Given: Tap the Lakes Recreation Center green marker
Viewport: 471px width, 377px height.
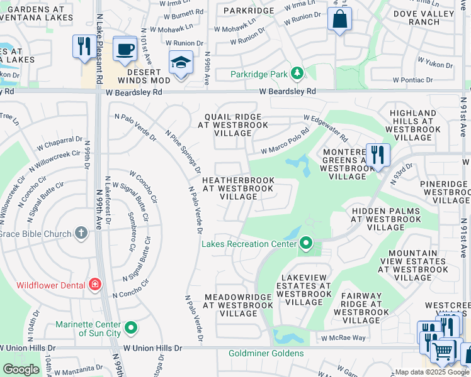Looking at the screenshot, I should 306,243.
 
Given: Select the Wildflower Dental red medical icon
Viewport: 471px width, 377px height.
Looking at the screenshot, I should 95,285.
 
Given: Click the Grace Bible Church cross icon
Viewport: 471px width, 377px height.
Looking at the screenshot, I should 81,234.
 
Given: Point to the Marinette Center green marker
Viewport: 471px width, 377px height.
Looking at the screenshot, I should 131,327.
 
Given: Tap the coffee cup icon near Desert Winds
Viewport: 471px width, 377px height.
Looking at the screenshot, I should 125,49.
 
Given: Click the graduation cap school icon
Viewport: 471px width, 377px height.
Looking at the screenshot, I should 181,63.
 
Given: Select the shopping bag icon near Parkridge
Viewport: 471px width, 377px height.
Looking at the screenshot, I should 339,19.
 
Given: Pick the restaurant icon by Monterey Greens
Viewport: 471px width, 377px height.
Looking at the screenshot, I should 377,155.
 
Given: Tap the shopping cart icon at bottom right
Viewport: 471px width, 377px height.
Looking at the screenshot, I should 444,352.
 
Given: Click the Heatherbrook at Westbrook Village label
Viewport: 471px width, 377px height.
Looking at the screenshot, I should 238,188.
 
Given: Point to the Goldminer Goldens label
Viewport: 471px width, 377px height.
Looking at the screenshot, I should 266,353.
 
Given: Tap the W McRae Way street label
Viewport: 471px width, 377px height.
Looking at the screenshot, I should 343,338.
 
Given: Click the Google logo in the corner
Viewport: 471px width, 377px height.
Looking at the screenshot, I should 21,369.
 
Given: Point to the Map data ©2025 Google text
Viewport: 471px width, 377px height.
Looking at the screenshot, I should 432,372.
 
